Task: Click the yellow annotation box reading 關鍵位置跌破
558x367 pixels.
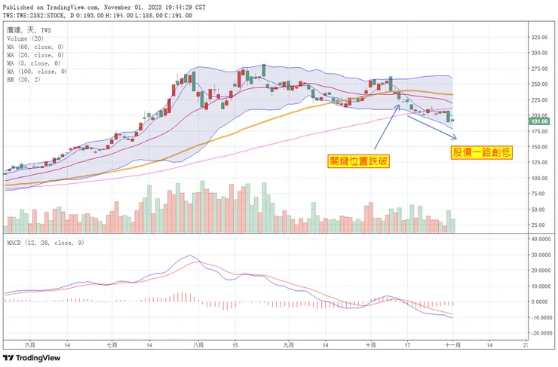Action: pos(358,160)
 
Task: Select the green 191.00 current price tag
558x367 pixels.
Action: pos(538,121)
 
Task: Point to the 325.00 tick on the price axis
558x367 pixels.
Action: pos(538,37)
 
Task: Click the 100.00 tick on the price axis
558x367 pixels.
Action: pos(538,179)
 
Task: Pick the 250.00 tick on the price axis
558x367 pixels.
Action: pos(538,84)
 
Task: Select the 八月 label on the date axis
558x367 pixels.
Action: pos(198,344)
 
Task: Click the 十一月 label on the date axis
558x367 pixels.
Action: pos(453,344)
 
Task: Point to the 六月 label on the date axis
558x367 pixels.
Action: pos(30,344)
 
